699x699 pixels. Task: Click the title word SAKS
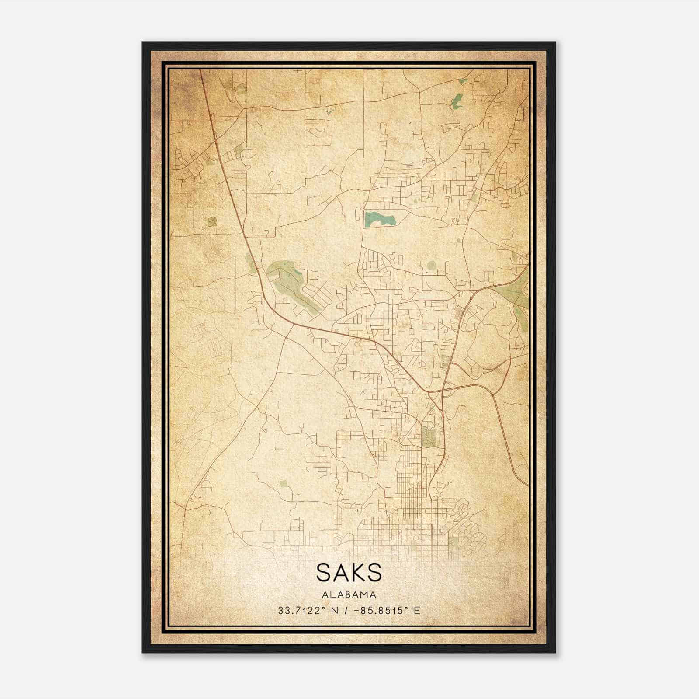pyautogui.click(x=349, y=573)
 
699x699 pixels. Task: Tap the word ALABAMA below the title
pyautogui.click(x=349, y=595)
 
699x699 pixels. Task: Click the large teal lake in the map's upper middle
pyautogui.click(x=378, y=218)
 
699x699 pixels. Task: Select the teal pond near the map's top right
pyautogui.click(x=457, y=102)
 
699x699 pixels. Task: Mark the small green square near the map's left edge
pyautogui.click(x=212, y=221)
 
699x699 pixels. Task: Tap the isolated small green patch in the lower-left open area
pyautogui.click(x=284, y=484)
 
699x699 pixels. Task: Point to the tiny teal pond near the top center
pyautogui.click(x=329, y=112)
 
